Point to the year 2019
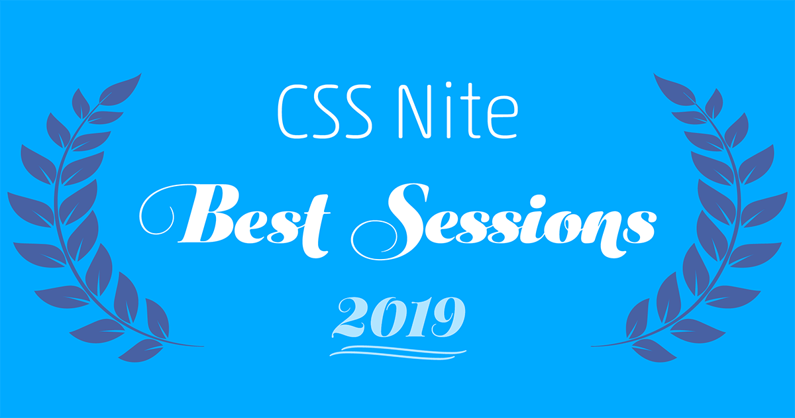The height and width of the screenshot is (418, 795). (x=398, y=317)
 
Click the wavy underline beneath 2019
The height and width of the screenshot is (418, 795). (x=398, y=352)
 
